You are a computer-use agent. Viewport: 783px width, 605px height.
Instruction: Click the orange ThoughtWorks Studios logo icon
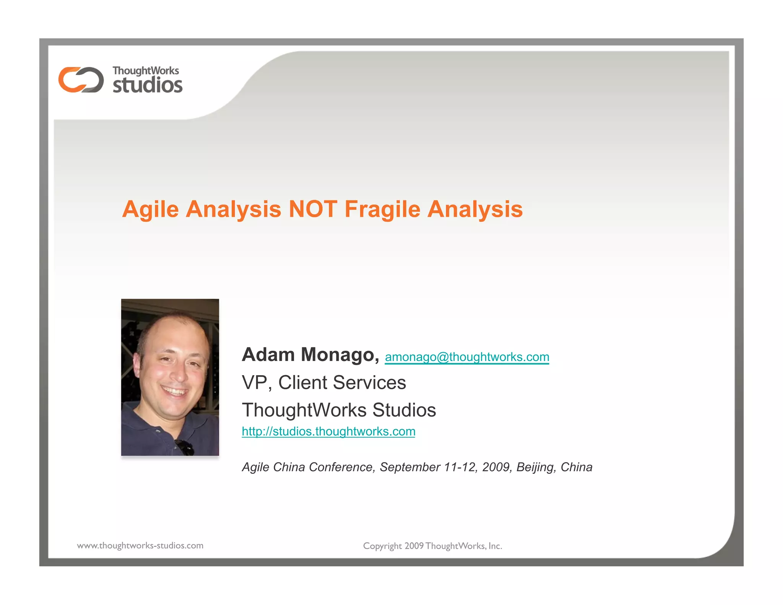[x=81, y=80]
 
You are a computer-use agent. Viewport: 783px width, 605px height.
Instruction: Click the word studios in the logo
[x=148, y=85]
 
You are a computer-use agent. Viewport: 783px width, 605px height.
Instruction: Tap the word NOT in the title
[x=313, y=209]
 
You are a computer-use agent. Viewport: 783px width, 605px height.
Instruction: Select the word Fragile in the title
[x=382, y=209]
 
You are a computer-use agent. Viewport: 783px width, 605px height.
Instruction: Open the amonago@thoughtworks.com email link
[x=467, y=357]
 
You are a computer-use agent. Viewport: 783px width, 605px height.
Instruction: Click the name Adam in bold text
[x=268, y=355]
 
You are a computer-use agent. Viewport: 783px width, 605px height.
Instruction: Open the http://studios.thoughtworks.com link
[x=328, y=431]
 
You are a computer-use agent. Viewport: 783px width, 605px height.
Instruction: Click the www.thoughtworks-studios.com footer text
[x=140, y=546]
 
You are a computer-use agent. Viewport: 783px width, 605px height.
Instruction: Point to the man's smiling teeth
[x=175, y=392]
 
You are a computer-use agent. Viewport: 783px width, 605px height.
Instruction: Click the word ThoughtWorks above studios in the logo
[x=146, y=71]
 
